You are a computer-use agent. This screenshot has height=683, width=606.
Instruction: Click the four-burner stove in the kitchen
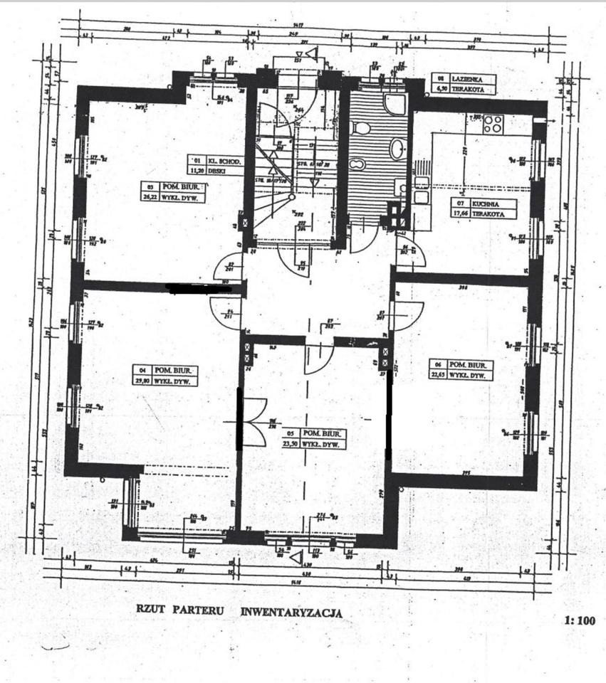click(x=493, y=124)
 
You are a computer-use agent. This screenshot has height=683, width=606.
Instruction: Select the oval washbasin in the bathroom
click(x=396, y=148)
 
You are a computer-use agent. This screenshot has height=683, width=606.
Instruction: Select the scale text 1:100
click(x=579, y=620)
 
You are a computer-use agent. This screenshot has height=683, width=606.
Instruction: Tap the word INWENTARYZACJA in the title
click(x=292, y=611)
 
